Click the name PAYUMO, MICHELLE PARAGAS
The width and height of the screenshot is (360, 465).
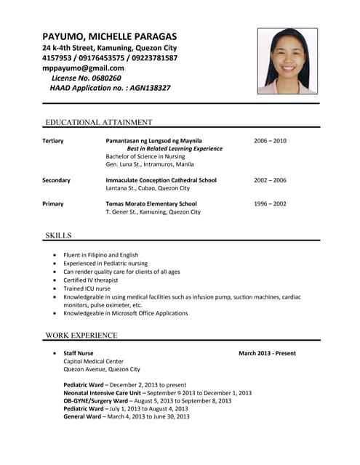coord(109,36)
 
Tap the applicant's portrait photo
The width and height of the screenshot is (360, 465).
coord(287,61)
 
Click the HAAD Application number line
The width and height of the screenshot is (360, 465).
coord(110,88)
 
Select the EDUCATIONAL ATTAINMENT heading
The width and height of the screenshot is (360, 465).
coord(99,122)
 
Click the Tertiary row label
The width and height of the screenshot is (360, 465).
coord(53,140)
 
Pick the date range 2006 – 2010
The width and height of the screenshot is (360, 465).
coord(270,140)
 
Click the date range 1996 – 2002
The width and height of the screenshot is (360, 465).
coord(270,203)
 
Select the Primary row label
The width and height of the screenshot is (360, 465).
coord(53,203)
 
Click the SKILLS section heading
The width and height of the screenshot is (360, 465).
coord(58,235)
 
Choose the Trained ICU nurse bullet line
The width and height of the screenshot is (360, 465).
coord(87,288)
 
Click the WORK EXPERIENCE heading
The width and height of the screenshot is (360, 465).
coord(81,336)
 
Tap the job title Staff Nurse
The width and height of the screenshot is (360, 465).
coord(79,353)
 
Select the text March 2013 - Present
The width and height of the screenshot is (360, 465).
coord(267,353)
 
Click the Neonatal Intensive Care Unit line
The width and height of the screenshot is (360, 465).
coord(157,392)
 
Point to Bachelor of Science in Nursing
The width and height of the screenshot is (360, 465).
coord(145,156)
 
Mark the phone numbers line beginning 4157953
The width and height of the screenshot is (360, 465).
coord(110,57)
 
